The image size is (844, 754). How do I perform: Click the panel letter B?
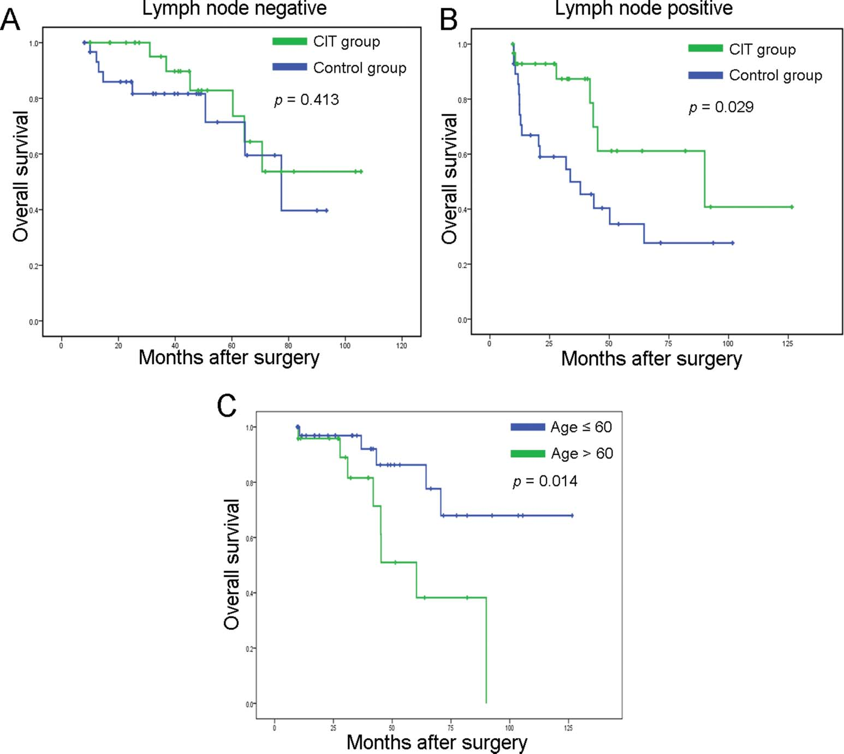pos(449,20)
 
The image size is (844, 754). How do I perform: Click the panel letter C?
pos(227,406)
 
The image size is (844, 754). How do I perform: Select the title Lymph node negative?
pos(234,8)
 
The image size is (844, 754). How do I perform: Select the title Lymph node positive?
pos(644,8)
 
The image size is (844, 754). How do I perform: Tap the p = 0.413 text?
pos(306,100)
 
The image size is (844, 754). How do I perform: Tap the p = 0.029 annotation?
pos(721,107)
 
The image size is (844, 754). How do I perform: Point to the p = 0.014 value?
pos(545,481)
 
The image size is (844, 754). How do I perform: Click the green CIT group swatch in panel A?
pos(289,41)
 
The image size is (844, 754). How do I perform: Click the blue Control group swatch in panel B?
pos(705,75)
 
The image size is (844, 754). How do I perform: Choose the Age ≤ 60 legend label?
pos(581,427)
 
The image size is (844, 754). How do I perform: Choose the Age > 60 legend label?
pos(582,454)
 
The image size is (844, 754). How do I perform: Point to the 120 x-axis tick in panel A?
pos(401,346)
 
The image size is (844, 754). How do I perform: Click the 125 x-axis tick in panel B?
pos(787,343)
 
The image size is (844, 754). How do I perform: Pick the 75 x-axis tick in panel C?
pos(450,728)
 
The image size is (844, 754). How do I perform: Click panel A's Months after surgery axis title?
pos(229,358)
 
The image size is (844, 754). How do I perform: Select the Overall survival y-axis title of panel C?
pos(232,564)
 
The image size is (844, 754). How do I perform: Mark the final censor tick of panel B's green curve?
pos(792,207)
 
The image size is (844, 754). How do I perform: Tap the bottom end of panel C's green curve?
pos(486,702)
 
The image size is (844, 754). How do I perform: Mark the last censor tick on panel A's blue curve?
pos(326,210)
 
